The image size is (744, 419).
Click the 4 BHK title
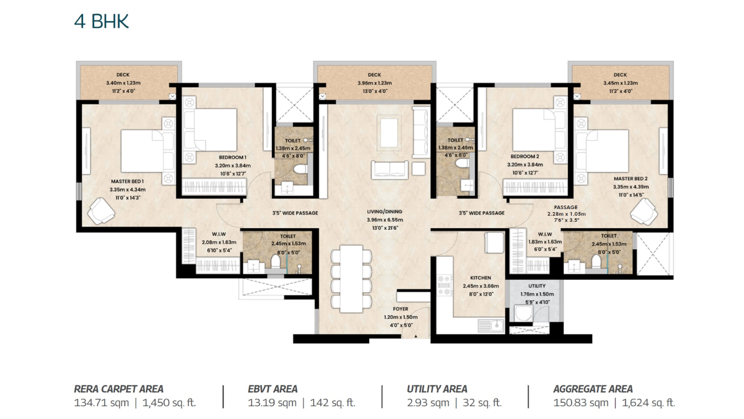[x=101, y=22]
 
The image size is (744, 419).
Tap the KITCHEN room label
[x=481, y=278]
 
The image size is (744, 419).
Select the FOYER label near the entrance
[x=400, y=309]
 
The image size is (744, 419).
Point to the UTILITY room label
[x=536, y=286]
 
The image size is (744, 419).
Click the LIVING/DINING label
[x=385, y=211]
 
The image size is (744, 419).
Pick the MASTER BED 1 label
[x=127, y=182]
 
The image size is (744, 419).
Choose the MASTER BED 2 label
[x=631, y=179]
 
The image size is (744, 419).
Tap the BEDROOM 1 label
[x=233, y=157]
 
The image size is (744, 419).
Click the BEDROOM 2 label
[x=525, y=157]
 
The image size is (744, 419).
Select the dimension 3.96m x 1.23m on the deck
[x=375, y=83]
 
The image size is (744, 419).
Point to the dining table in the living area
[x=351, y=279]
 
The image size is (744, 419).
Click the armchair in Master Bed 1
[x=101, y=211]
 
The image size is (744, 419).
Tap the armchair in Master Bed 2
[x=644, y=211]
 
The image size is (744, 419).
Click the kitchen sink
[x=491, y=325]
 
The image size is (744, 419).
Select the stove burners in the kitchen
[x=445, y=285]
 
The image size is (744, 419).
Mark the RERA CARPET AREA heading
[x=119, y=389]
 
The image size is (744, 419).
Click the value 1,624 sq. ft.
[x=648, y=403]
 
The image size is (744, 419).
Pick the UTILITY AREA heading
[x=437, y=389]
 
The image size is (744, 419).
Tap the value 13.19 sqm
[x=272, y=403]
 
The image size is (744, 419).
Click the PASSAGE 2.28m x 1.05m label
[x=566, y=211]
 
